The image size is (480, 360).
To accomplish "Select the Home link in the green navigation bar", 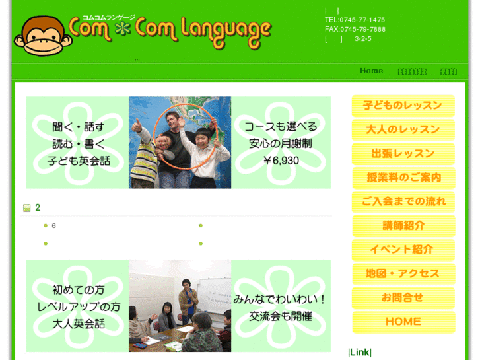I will [x=371, y=71].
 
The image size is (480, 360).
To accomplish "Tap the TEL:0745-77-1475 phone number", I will [x=355, y=20].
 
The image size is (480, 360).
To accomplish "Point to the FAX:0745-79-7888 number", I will [x=355, y=29].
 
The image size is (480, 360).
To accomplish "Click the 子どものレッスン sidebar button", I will [x=403, y=106].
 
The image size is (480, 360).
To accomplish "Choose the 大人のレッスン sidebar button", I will [x=403, y=129].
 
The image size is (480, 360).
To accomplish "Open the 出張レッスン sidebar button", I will [x=403, y=153].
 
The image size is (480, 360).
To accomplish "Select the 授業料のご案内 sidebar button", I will [x=403, y=177].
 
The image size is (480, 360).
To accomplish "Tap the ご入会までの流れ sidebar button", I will [x=403, y=201].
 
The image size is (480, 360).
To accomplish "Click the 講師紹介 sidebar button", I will [x=403, y=225].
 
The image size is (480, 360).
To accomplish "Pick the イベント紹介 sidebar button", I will [x=403, y=250].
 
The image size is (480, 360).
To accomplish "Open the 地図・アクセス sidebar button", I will [x=403, y=273].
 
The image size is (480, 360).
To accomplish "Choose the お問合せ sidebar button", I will [x=403, y=297].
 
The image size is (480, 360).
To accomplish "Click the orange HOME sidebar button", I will [x=403, y=322].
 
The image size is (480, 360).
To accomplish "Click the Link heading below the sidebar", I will [x=360, y=352].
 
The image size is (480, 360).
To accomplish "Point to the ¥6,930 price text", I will [x=281, y=161].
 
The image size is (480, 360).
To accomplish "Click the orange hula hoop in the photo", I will [x=158, y=119].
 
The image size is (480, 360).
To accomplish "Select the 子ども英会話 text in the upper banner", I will [x=79, y=161].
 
